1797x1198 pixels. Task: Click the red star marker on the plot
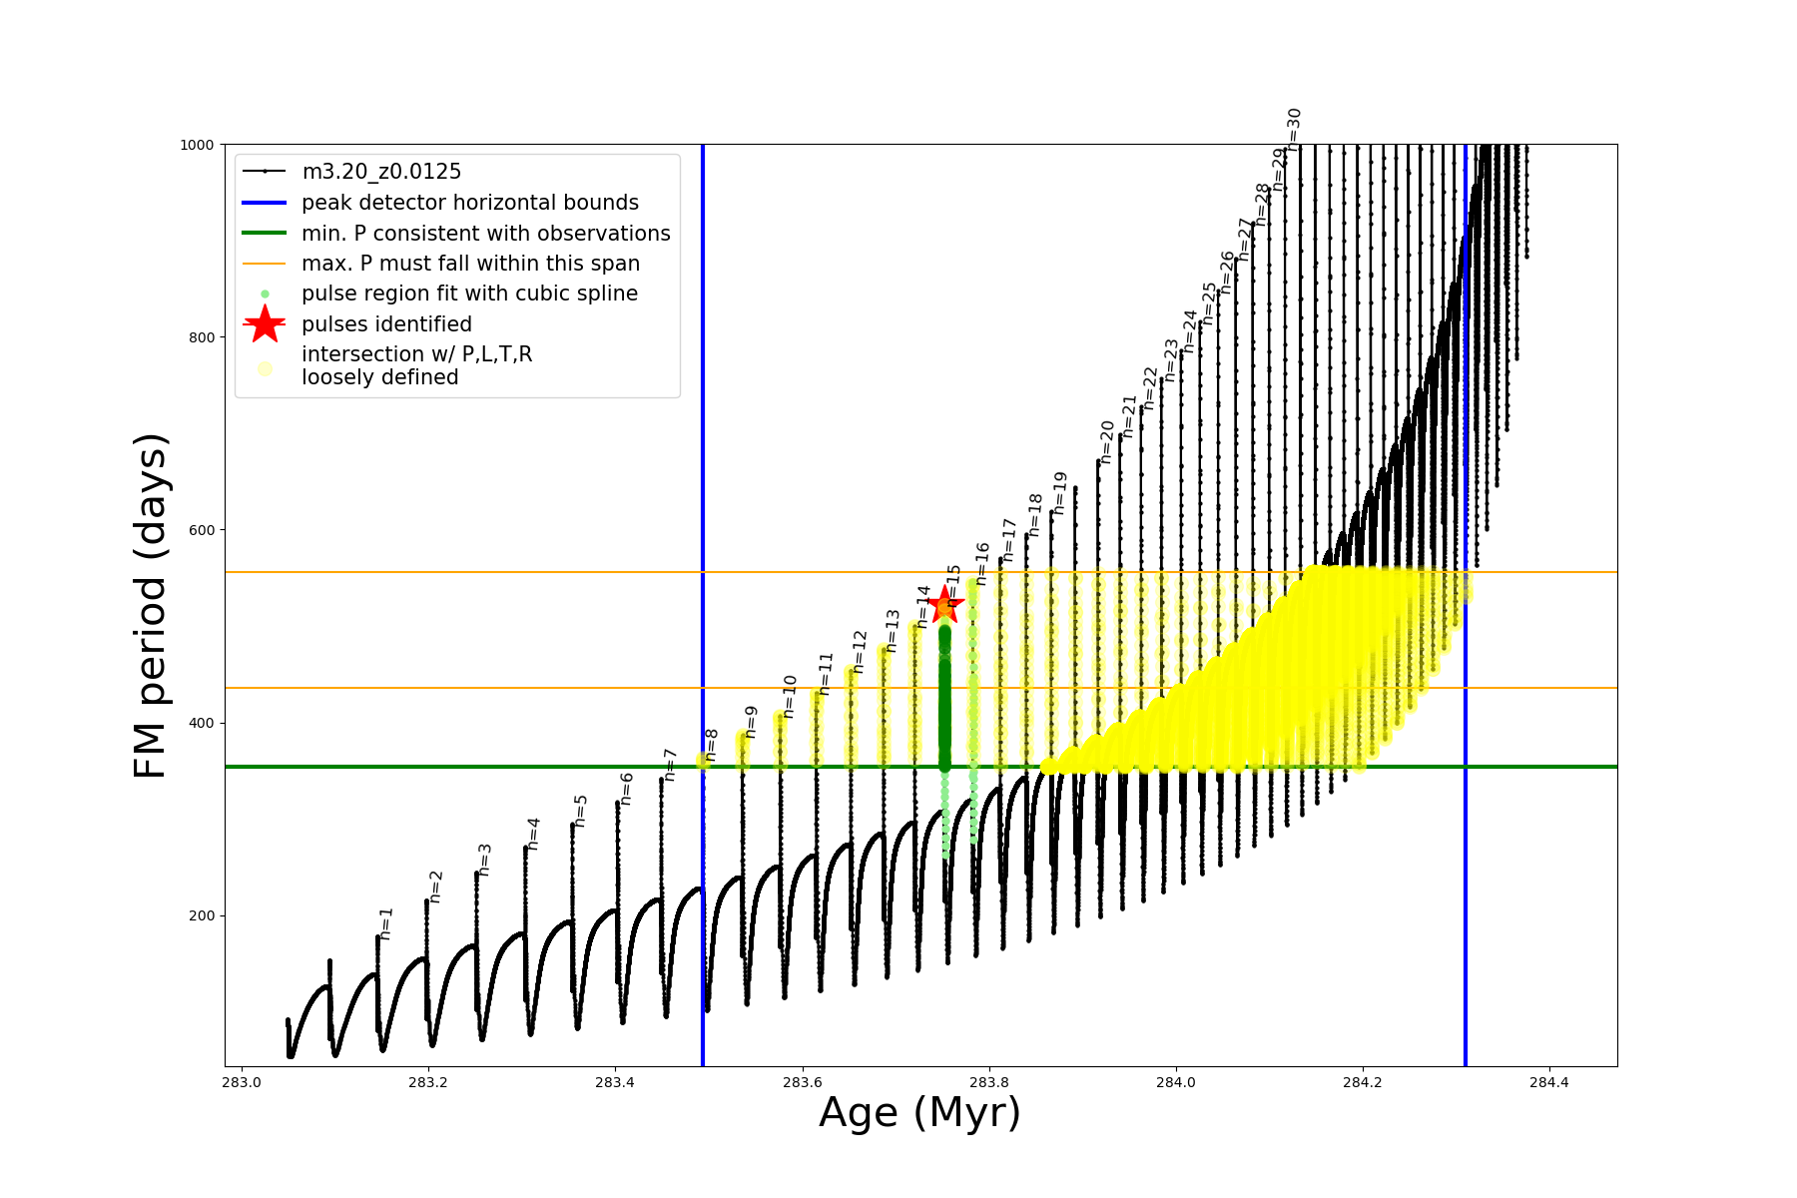click(x=944, y=605)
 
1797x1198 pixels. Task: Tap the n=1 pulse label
click(x=386, y=923)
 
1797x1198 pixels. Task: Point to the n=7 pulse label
click(x=670, y=765)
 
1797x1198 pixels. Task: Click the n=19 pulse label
click(x=1060, y=493)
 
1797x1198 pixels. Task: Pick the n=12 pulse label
click(x=860, y=652)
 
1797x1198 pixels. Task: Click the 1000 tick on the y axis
click(x=197, y=145)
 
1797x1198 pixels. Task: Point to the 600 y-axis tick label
click(x=202, y=530)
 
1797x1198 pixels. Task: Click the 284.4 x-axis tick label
click(x=1548, y=1082)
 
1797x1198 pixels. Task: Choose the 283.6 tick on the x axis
click(x=802, y=1082)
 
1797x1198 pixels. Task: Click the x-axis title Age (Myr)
click(x=919, y=1113)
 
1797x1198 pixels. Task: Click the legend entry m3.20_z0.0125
click(x=381, y=172)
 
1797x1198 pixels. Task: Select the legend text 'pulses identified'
click(x=386, y=324)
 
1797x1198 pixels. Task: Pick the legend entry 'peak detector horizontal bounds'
click(x=469, y=203)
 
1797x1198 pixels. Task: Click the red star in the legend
click(x=265, y=324)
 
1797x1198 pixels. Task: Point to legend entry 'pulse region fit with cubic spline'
click(x=469, y=294)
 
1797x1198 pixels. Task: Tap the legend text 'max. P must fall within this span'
click(x=470, y=264)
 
